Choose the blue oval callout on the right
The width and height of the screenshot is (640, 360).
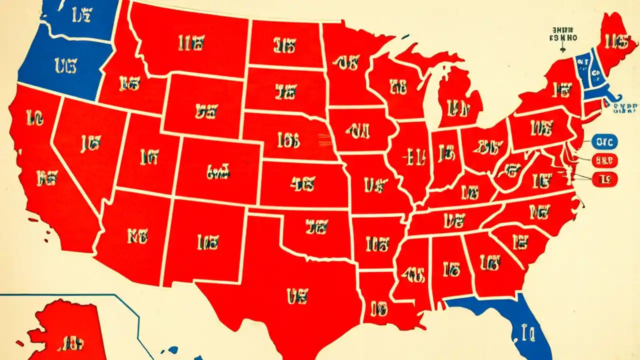pos(604,141)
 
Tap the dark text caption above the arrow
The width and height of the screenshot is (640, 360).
pos(563,33)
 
